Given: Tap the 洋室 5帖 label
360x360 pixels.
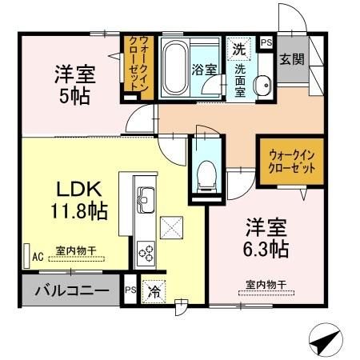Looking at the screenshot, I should pos(74,84).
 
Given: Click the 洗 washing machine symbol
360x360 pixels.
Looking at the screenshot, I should pos(238,49).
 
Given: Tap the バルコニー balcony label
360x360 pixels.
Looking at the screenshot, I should pos(70,290).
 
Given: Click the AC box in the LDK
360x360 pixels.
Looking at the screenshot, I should pos(37,257).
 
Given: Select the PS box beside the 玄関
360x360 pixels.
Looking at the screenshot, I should pos(266,42).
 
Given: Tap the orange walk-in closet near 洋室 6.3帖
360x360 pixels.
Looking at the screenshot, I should pos(286,162).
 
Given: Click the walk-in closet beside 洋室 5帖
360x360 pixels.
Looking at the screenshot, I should pos(136,68).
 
